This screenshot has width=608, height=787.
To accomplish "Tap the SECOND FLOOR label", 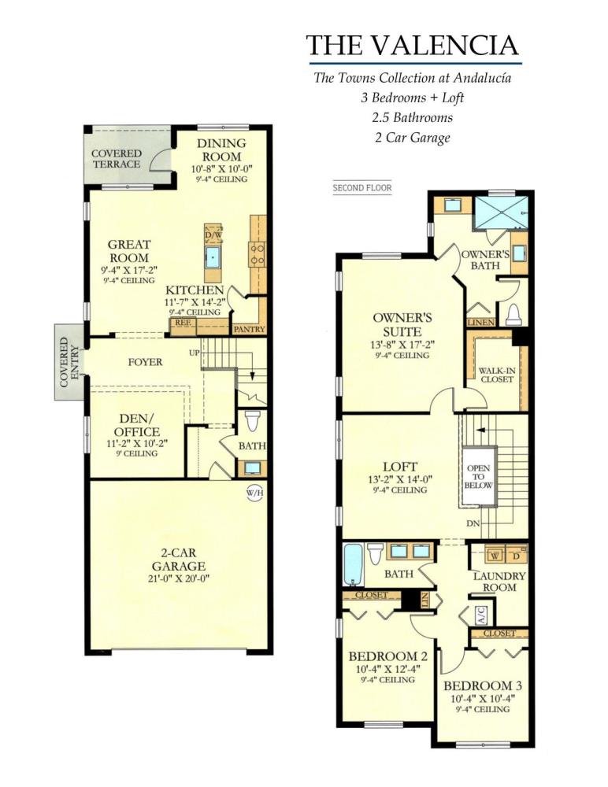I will [x=362, y=188].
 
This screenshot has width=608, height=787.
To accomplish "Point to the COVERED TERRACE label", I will [x=116, y=158].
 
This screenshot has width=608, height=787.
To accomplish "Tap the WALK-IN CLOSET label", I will [x=496, y=374].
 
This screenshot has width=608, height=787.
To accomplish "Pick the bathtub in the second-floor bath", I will [x=352, y=565].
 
